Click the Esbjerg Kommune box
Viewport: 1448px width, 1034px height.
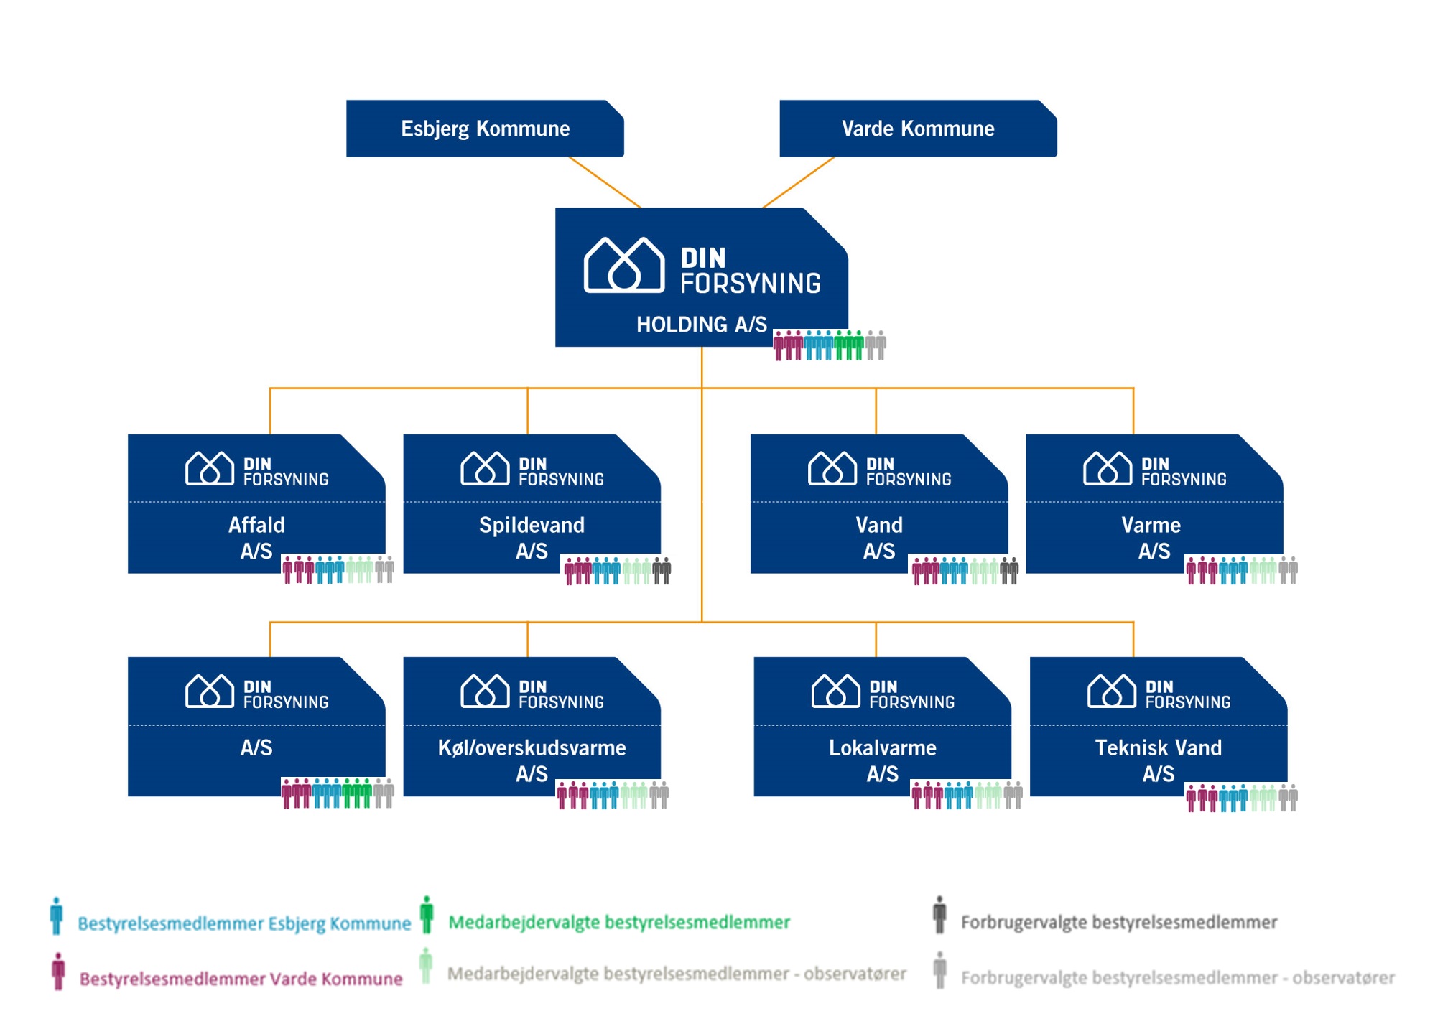pos(485,129)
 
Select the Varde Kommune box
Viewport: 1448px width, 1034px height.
pos(917,129)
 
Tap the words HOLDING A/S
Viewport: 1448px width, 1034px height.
pos(701,325)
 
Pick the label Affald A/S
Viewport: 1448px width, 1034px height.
pos(256,538)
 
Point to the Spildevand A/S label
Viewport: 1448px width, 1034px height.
pos(532,538)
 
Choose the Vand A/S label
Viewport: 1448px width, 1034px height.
pos(878,538)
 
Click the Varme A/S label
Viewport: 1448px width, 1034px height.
pos(1151,538)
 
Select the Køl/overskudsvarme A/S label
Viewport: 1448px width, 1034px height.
pos(532,760)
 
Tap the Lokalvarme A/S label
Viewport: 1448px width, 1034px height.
pos(882,760)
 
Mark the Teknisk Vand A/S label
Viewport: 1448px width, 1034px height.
pos(1158,760)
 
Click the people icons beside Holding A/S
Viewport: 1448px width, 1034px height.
pos(830,345)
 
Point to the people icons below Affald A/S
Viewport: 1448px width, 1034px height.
pos(338,569)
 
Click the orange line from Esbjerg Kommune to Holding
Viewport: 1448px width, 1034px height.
pos(604,182)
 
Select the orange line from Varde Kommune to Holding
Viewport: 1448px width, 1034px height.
pos(798,182)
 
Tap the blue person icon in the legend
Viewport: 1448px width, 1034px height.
pos(57,916)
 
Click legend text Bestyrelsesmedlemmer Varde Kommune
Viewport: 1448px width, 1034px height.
pos(241,979)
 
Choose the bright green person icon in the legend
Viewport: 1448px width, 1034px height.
pos(427,915)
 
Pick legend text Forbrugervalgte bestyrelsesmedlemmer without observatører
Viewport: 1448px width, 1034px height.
pos(1118,922)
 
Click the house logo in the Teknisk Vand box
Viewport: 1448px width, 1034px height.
pos(1111,691)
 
